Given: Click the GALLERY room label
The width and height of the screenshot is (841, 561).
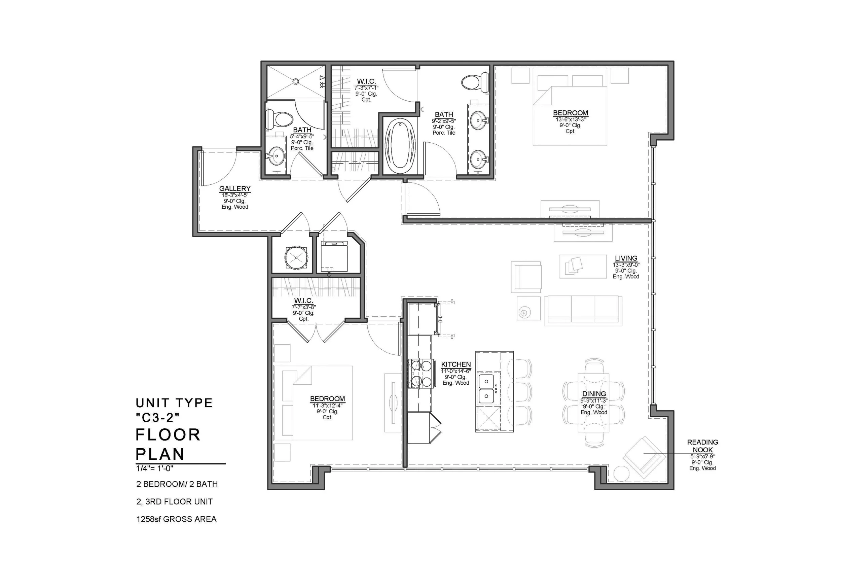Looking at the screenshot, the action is [234, 188].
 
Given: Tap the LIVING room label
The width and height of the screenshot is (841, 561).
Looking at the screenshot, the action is [626, 258].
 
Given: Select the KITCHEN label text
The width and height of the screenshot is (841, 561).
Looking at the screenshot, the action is [456, 364].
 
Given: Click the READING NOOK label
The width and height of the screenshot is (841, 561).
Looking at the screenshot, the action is [702, 446].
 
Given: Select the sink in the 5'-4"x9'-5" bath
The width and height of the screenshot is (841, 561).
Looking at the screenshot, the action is [276, 155].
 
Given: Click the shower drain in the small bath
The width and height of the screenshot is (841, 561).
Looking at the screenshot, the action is [296, 81].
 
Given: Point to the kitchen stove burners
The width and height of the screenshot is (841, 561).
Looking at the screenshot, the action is [421, 374].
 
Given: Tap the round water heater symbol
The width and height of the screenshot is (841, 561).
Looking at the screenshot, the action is [296, 257].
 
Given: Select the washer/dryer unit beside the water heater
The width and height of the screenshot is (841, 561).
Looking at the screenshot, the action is [334, 256].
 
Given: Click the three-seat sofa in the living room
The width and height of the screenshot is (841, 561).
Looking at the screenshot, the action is [583, 311].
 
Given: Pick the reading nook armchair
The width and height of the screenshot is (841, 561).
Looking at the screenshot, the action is [644, 457].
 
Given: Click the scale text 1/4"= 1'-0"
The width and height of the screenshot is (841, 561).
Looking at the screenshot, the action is [155, 468].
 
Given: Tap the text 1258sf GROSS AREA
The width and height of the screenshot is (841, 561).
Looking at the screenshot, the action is [176, 519].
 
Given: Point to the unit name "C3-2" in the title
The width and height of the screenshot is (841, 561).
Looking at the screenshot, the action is [157, 417].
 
